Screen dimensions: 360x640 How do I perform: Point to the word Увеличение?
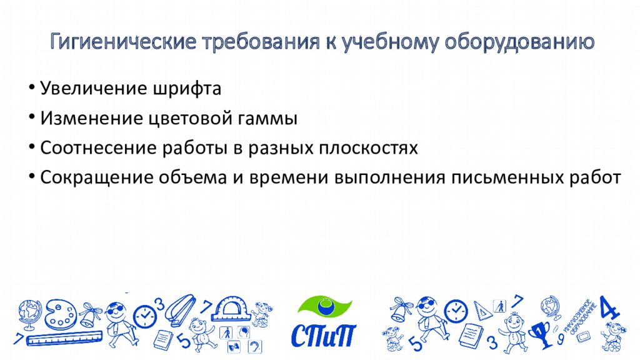(x=93, y=89)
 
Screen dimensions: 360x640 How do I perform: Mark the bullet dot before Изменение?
(x=31, y=117)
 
